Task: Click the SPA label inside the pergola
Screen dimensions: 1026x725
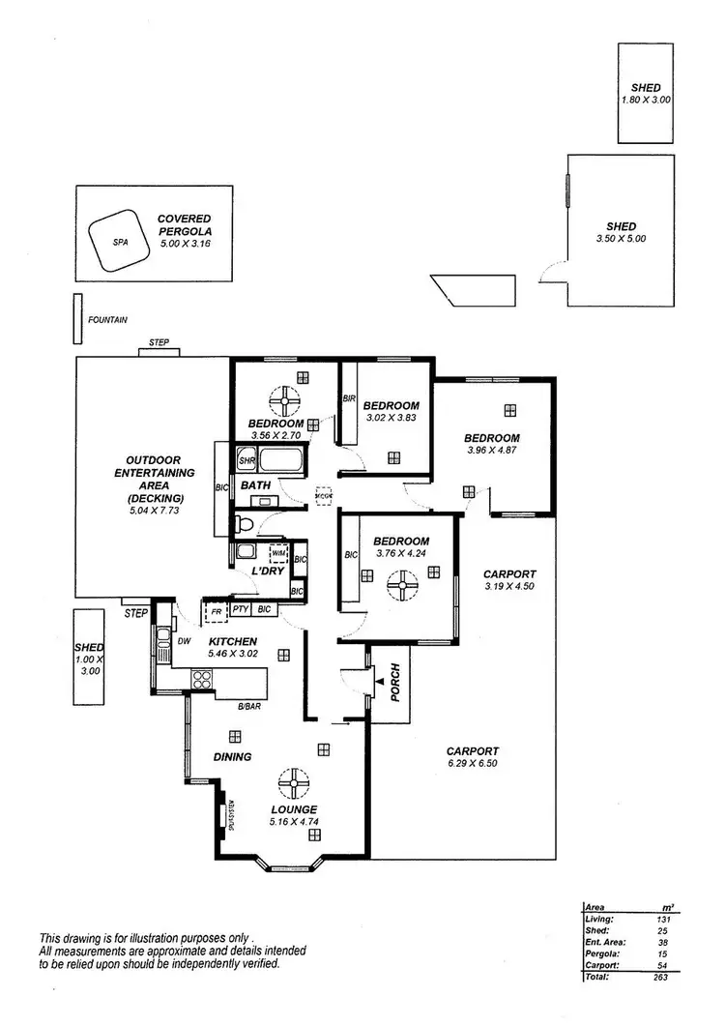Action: tap(121, 243)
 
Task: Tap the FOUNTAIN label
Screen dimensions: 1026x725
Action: tap(107, 319)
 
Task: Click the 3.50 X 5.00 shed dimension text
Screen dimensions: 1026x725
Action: tap(621, 238)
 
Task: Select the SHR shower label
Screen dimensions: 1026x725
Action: tap(246, 461)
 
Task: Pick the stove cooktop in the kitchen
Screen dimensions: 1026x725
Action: tap(202, 679)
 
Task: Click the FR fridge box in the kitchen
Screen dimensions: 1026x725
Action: tap(217, 610)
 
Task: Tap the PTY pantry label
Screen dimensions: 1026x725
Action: tap(241, 610)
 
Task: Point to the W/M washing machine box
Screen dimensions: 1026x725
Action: tap(278, 554)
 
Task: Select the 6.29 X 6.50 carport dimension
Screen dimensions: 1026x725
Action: tap(472, 764)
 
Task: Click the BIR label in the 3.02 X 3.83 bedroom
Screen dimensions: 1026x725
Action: tap(348, 397)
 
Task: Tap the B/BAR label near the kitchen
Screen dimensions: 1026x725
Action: tap(250, 707)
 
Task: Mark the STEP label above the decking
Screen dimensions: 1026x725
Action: tap(159, 342)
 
